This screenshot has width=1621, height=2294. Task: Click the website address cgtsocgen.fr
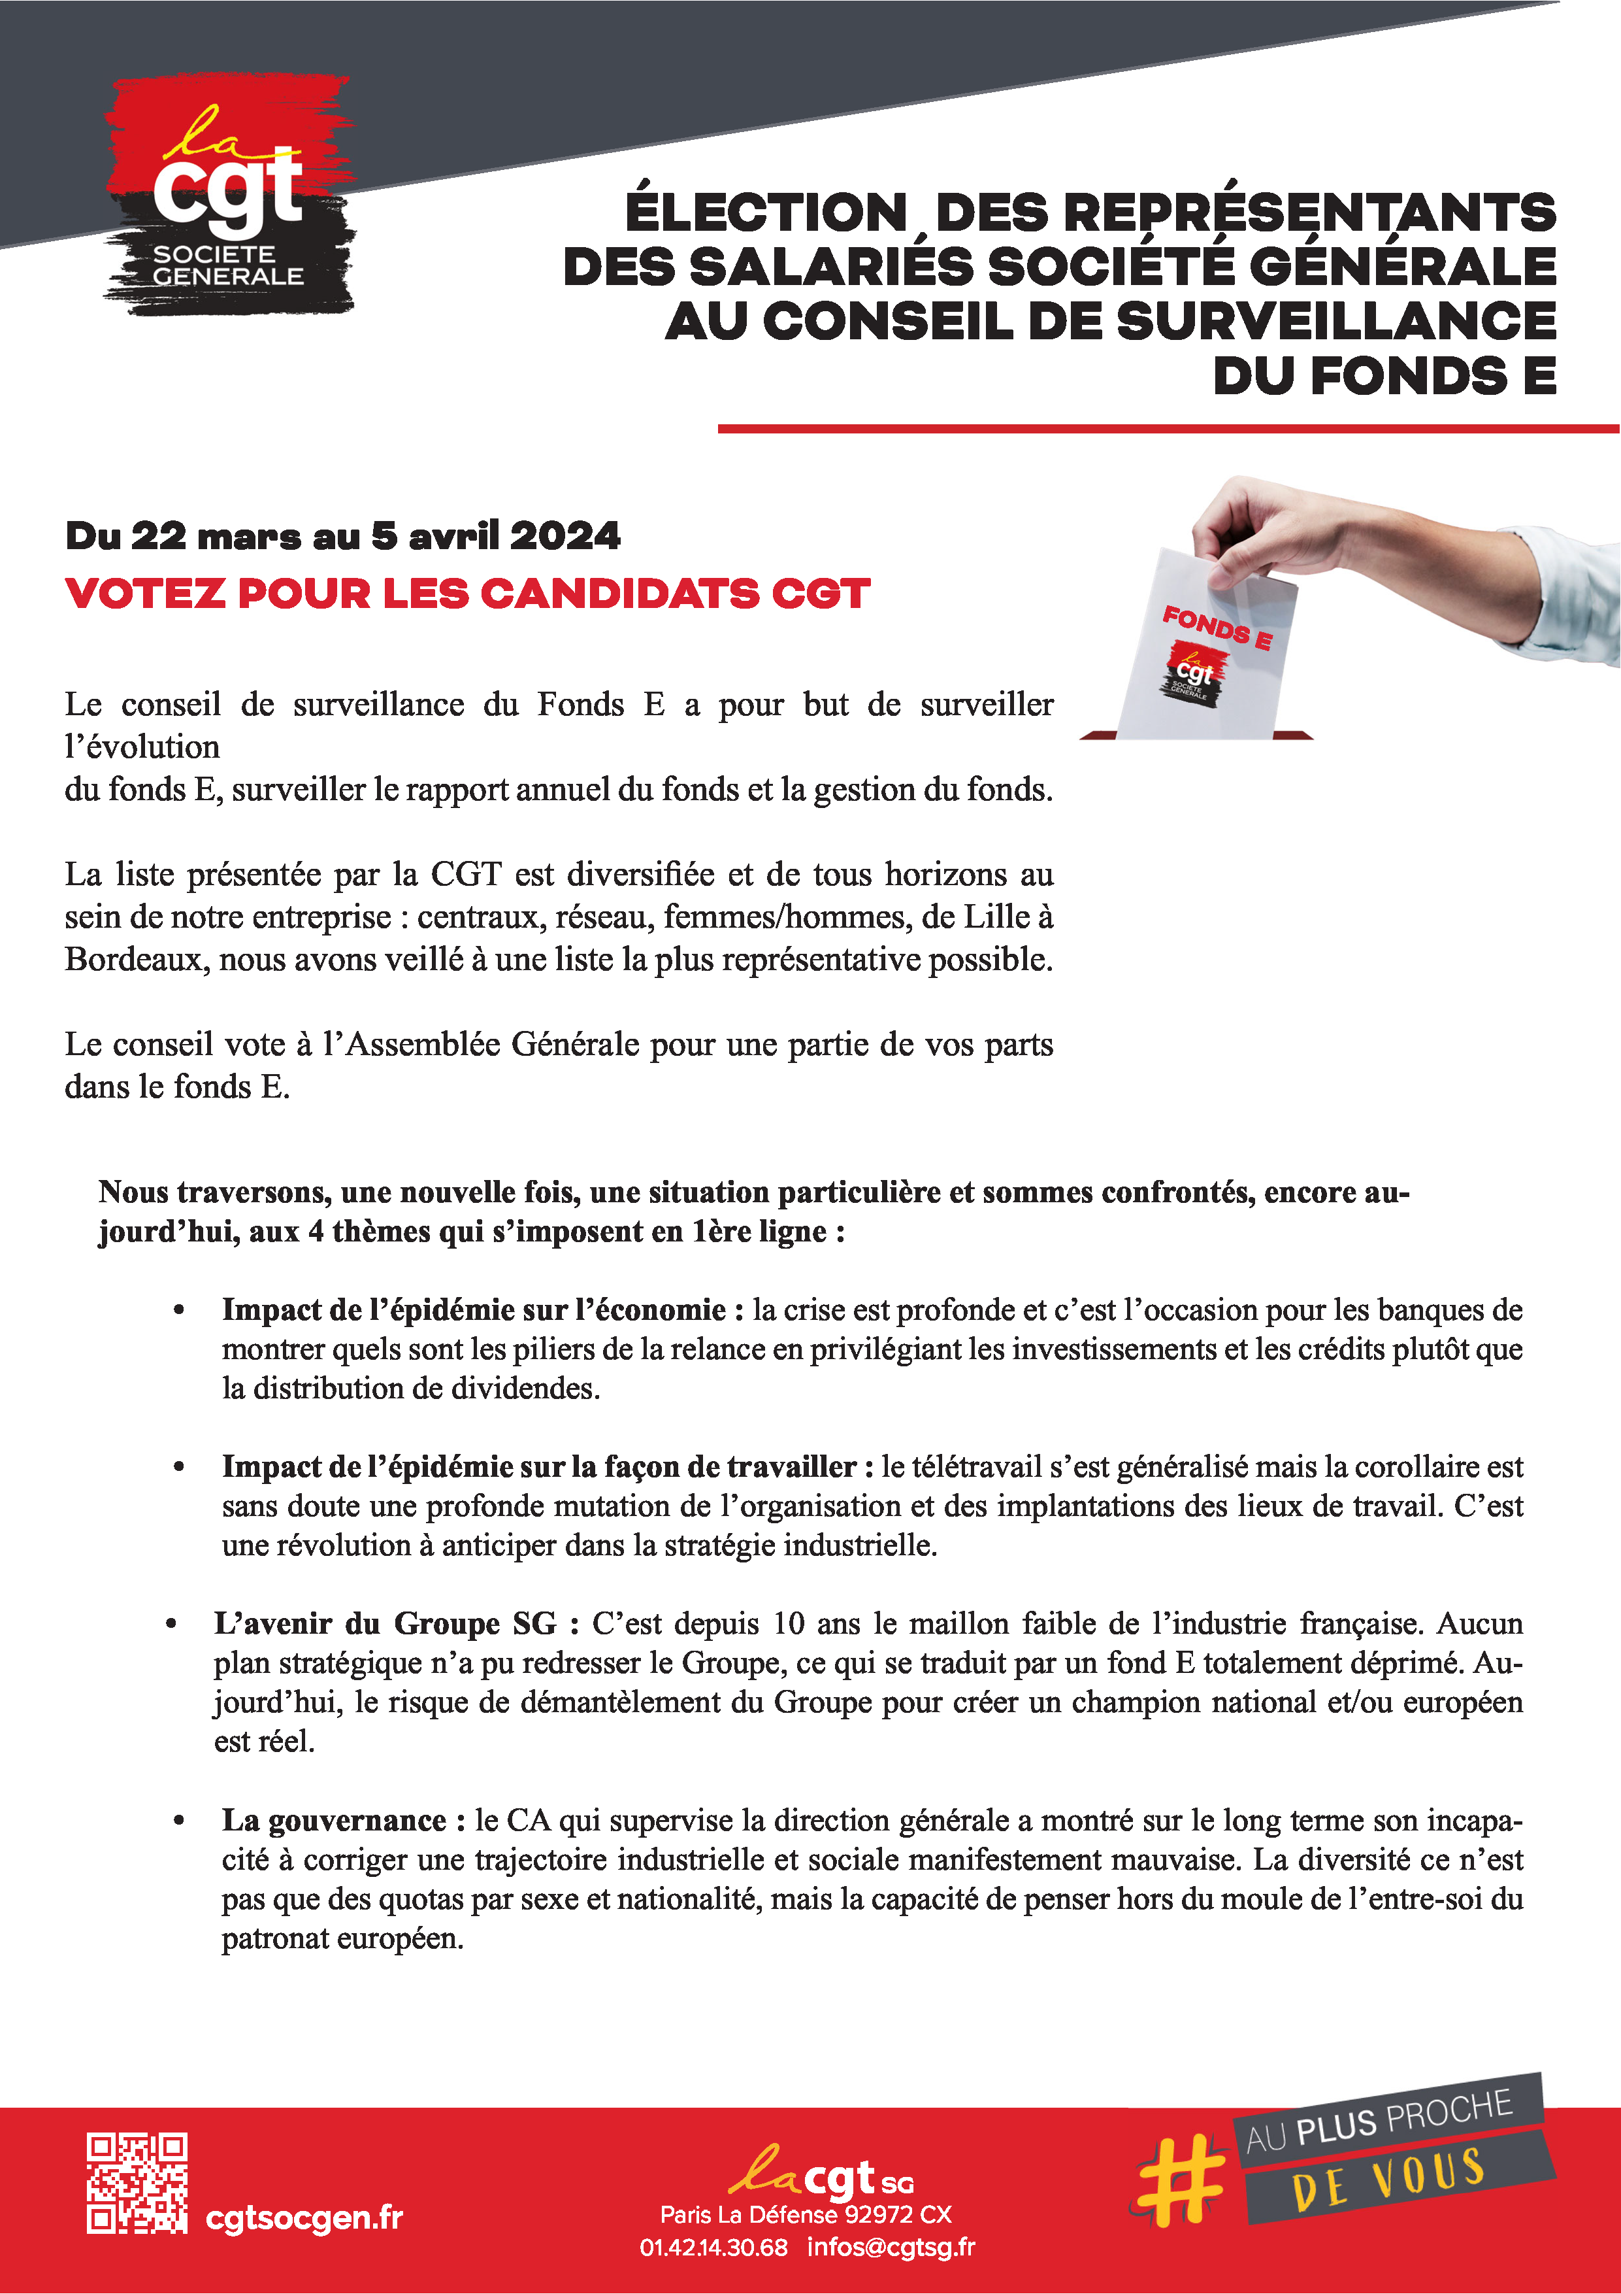(x=304, y=2217)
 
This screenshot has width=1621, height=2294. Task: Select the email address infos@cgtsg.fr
(x=891, y=2247)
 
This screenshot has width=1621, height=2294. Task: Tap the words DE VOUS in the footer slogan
(x=1388, y=2182)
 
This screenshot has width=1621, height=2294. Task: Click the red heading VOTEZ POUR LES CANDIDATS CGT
(x=467, y=594)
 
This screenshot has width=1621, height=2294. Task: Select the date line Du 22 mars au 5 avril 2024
(x=342, y=537)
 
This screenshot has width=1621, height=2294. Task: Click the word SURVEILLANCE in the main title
(x=1336, y=322)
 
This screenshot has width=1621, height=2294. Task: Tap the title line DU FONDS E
(x=1384, y=377)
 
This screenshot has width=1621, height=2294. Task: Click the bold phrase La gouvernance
(x=334, y=1821)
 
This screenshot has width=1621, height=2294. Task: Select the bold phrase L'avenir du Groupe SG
(x=385, y=1624)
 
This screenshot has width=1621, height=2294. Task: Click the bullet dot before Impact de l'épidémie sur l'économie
(x=180, y=1310)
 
